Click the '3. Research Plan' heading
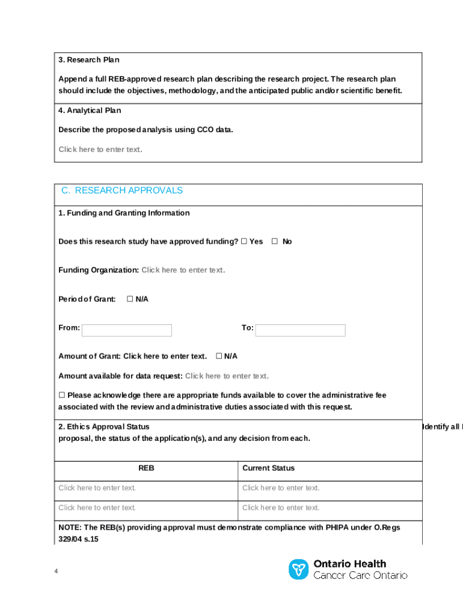(x=88, y=60)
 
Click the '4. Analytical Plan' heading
(x=90, y=111)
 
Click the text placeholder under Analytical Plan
(x=100, y=150)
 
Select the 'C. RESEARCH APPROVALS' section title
(x=122, y=190)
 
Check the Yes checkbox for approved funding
(x=244, y=241)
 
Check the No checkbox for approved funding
(x=275, y=241)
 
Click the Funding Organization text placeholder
(x=183, y=270)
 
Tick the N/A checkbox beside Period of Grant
(x=129, y=299)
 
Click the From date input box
(x=127, y=330)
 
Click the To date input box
(x=301, y=330)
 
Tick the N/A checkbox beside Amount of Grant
(x=219, y=356)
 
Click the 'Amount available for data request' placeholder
(x=227, y=376)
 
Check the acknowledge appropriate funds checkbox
(x=61, y=395)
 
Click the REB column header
(x=146, y=468)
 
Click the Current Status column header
(x=268, y=468)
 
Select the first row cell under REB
(x=97, y=488)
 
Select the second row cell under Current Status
(x=281, y=507)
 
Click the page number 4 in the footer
(x=56, y=571)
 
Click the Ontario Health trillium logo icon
(x=298, y=569)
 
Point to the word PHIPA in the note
(x=337, y=527)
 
